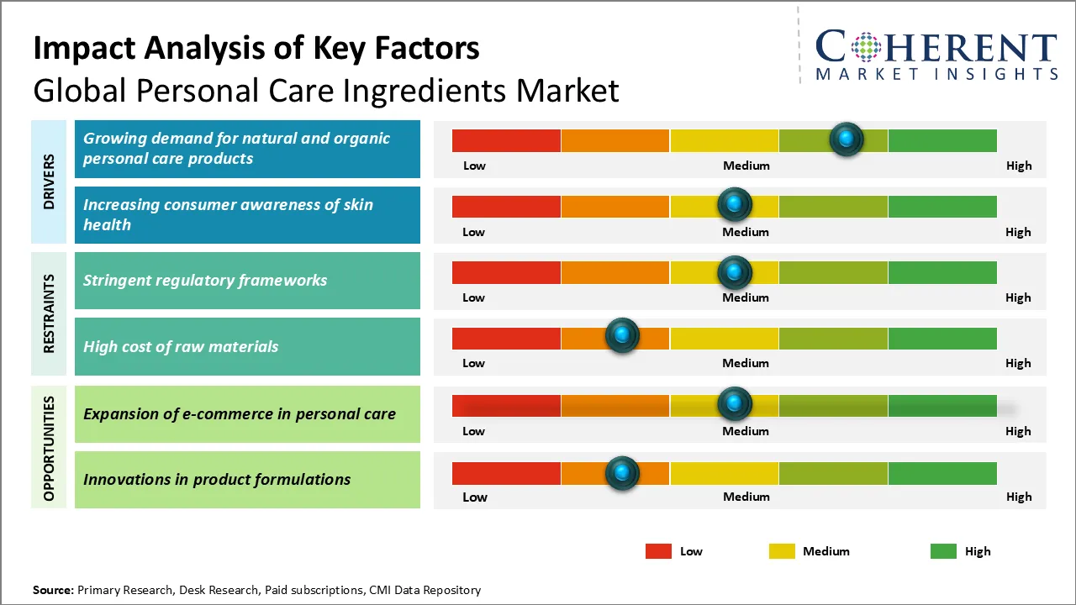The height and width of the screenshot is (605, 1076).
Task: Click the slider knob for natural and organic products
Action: (x=846, y=139)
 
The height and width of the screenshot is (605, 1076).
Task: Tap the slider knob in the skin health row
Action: (x=735, y=204)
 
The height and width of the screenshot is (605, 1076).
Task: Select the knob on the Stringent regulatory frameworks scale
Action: (x=735, y=271)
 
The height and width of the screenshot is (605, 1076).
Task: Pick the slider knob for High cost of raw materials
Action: (x=622, y=336)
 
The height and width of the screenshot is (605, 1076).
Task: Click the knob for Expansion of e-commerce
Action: (x=735, y=404)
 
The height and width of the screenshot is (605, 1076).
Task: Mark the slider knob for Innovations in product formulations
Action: (x=622, y=473)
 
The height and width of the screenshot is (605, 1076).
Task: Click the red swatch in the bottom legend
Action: (x=658, y=551)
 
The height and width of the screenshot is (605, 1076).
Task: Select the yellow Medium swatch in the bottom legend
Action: (x=782, y=551)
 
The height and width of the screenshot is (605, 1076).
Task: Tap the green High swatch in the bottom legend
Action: (x=943, y=551)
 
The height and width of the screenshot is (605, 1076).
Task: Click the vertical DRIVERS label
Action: (x=49, y=181)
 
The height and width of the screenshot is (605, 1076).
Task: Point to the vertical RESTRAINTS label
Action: (x=49, y=313)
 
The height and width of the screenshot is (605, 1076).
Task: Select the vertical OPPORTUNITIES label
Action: (x=49, y=448)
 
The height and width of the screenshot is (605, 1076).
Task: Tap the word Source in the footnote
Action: (x=53, y=590)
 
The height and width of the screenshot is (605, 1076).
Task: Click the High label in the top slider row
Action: (x=1018, y=166)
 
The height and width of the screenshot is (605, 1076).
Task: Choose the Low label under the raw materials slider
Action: (x=473, y=363)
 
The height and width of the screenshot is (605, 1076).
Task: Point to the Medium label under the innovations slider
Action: (x=746, y=497)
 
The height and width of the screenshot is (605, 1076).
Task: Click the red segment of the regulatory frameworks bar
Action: (x=506, y=272)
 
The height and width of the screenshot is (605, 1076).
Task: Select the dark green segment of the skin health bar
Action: (x=941, y=206)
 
